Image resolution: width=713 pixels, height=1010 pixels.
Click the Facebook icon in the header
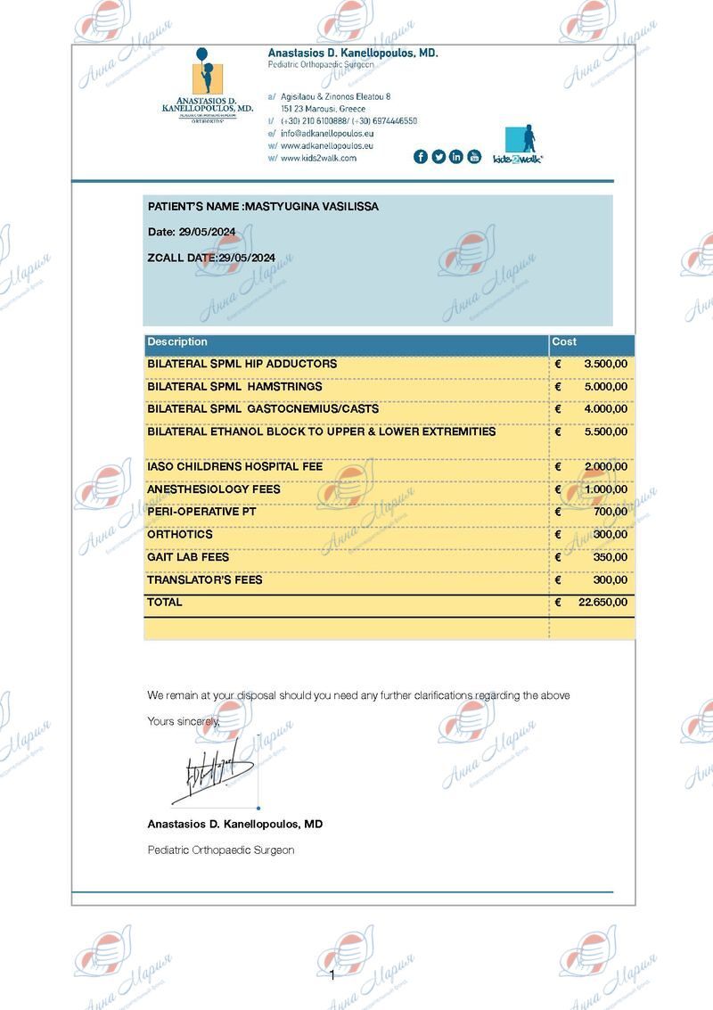point(421,157)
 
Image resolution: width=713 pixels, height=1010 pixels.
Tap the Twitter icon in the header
point(438,157)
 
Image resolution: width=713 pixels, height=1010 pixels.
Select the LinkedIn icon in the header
point(456,157)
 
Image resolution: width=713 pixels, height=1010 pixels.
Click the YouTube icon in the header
point(474,157)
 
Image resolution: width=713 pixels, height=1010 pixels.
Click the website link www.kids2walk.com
point(318,158)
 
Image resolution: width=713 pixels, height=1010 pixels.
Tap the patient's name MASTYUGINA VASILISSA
point(312,207)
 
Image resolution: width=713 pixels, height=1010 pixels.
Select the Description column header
point(177,342)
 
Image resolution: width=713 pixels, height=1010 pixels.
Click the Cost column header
point(564,342)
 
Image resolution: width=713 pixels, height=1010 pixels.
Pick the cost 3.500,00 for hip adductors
point(606,365)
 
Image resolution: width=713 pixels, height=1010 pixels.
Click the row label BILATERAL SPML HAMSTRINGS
point(234,387)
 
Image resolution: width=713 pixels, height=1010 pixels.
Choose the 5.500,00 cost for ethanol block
point(606,431)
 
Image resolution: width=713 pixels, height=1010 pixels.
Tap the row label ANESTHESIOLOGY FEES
point(214,489)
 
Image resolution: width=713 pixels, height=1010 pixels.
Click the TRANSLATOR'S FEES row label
point(205,579)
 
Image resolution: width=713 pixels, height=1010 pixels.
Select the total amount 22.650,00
point(602,603)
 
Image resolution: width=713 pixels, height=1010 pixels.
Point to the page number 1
point(332,975)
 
